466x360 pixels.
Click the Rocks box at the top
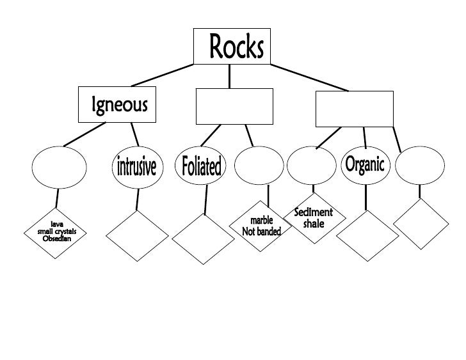click(x=231, y=47)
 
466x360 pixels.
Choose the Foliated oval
click(x=202, y=166)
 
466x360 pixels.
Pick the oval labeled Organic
click(x=364, y=166)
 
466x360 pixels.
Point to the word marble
click(x=261, y=221)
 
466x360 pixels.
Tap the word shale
click(x=314, y=224)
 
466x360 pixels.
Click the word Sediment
click(x=314, y=212)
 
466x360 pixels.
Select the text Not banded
click(x=261, y=231)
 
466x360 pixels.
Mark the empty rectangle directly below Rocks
click(x=234, y=106)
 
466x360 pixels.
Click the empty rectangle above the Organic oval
click(x=354, y=109)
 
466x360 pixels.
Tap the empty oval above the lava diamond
click(x=59, y=166)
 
